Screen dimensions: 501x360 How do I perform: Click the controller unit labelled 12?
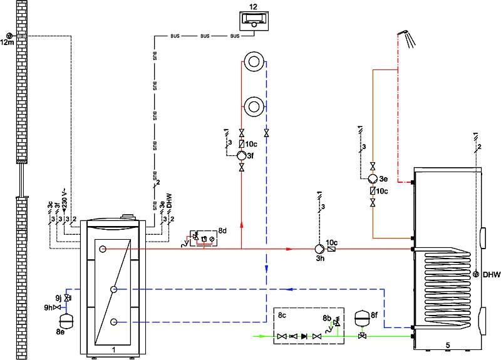pyautogui.click(x=254, y=21)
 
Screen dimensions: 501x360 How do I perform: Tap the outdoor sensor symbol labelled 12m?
pyautogui.click(x=9, y=36)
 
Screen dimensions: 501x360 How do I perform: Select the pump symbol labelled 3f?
pyautogui.click(x=241, y=155)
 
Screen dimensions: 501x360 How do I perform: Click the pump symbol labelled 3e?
pyautogui.click(x=373, y=179)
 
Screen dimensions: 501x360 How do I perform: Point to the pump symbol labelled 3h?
pyautogui.click(x=319, y=249)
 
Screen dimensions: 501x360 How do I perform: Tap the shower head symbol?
pyautogui.click(x=406, y=38)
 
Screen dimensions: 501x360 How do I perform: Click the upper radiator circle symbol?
pyautogui.click(x=254, y=61)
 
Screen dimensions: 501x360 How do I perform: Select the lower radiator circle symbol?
pyautogui.click(x=254, y=106)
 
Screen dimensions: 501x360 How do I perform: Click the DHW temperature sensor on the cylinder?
pyautogui.click(x=476, y=274)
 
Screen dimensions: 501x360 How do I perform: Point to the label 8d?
pyautogui.click(x=222, y=230)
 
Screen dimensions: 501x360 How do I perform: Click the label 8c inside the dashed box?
pyautogui.click(x=282, y=316)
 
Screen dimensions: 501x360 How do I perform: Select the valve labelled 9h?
pyautogui.click(x=57, y=307)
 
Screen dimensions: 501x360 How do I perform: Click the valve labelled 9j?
pyautogui.click(x=67, y=298)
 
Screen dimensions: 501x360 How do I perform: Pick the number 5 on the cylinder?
pyautogui.click(x=448, y=345)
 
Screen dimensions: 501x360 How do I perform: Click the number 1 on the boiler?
pyautogui.click(x=113, y=350)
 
